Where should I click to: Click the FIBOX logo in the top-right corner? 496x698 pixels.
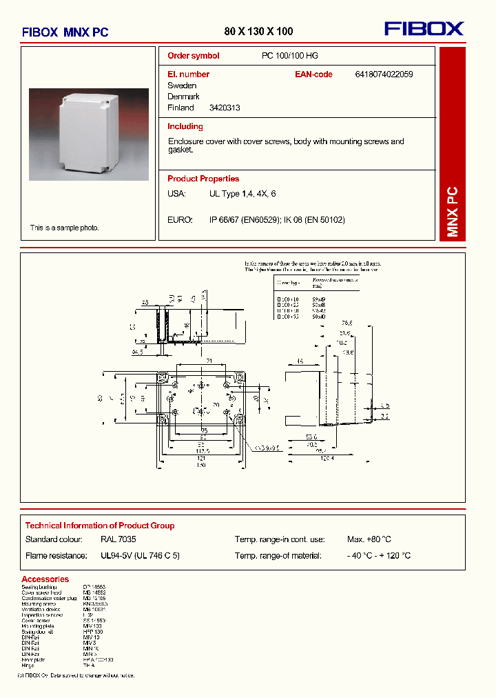pyautogui.click(x=424, y=28)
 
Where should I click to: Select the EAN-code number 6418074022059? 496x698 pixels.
pyautogui.click(x=384, y=74)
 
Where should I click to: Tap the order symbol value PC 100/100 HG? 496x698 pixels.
pyautogui.click(x=289, y=56)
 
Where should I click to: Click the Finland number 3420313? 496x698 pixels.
pyautogui.click(x=225, y=108)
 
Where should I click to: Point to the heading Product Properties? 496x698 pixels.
pyautogui.click(x=203, y=179)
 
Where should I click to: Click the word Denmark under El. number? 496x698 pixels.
pyautogui.click(x=183, y=97)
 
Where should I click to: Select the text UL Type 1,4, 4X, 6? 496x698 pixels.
pyautogui.click(x=242, y=195)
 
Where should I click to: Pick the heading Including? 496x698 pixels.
pyautogui.click(x=185, y=127)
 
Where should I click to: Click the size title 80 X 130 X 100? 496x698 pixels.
pyautogui.click(x=258, y=31)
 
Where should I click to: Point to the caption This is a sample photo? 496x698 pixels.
pyautogui.click(x=64, y=228)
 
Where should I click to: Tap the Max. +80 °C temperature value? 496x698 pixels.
pyautogui.click(x=369, y=539)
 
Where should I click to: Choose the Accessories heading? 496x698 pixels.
pyautogui.click(x=45, y=579)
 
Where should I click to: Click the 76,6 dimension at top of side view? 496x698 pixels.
pyautogui.click(x=346, y=323)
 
